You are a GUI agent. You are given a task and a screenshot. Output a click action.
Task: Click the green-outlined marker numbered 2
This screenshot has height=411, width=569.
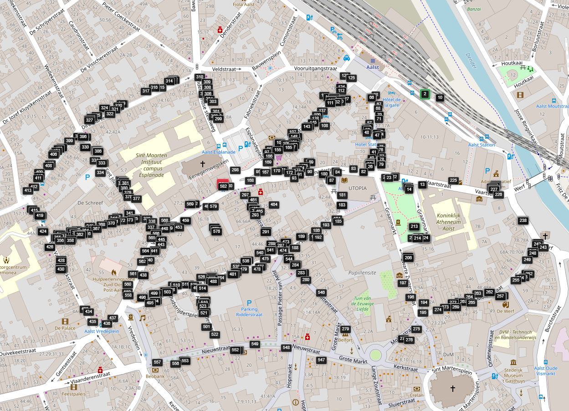(x=425, y=94)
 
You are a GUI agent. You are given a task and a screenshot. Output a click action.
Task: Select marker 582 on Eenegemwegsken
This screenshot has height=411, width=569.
(x=223, y=186)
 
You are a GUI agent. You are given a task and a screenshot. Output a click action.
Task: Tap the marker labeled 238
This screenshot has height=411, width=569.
(x=523, y=221)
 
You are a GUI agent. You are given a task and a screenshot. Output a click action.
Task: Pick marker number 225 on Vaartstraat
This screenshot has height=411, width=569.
(x=453, y=180)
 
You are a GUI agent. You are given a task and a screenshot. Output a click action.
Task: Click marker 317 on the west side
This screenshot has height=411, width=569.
(x=146, y=91)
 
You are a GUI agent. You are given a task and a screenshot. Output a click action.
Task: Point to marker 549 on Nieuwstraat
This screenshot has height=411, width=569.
(x=255, y=344)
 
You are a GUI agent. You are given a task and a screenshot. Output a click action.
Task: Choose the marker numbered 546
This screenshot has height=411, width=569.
(x=321, y=293)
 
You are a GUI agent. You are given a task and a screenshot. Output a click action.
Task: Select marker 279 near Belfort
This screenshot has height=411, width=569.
(x=345, y=329)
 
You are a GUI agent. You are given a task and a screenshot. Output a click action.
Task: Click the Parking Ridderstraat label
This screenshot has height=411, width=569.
(x=249, y=312)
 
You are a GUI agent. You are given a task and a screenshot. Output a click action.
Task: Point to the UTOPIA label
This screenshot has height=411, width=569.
(x=357, y=188)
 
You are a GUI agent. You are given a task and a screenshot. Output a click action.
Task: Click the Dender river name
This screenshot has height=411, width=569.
(x=470, y=61)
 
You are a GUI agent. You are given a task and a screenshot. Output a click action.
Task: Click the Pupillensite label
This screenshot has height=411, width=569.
(x=362, y=272)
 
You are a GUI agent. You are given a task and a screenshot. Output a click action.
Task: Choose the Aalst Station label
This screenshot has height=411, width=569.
(x=482, y=145)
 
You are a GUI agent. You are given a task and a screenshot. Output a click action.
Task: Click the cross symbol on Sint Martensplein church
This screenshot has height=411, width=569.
(x=453, y=388)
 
